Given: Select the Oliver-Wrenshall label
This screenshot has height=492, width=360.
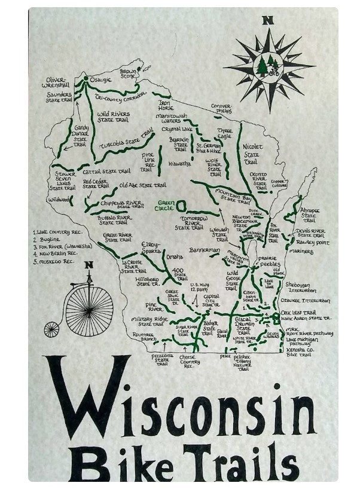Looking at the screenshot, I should click(56, 82).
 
